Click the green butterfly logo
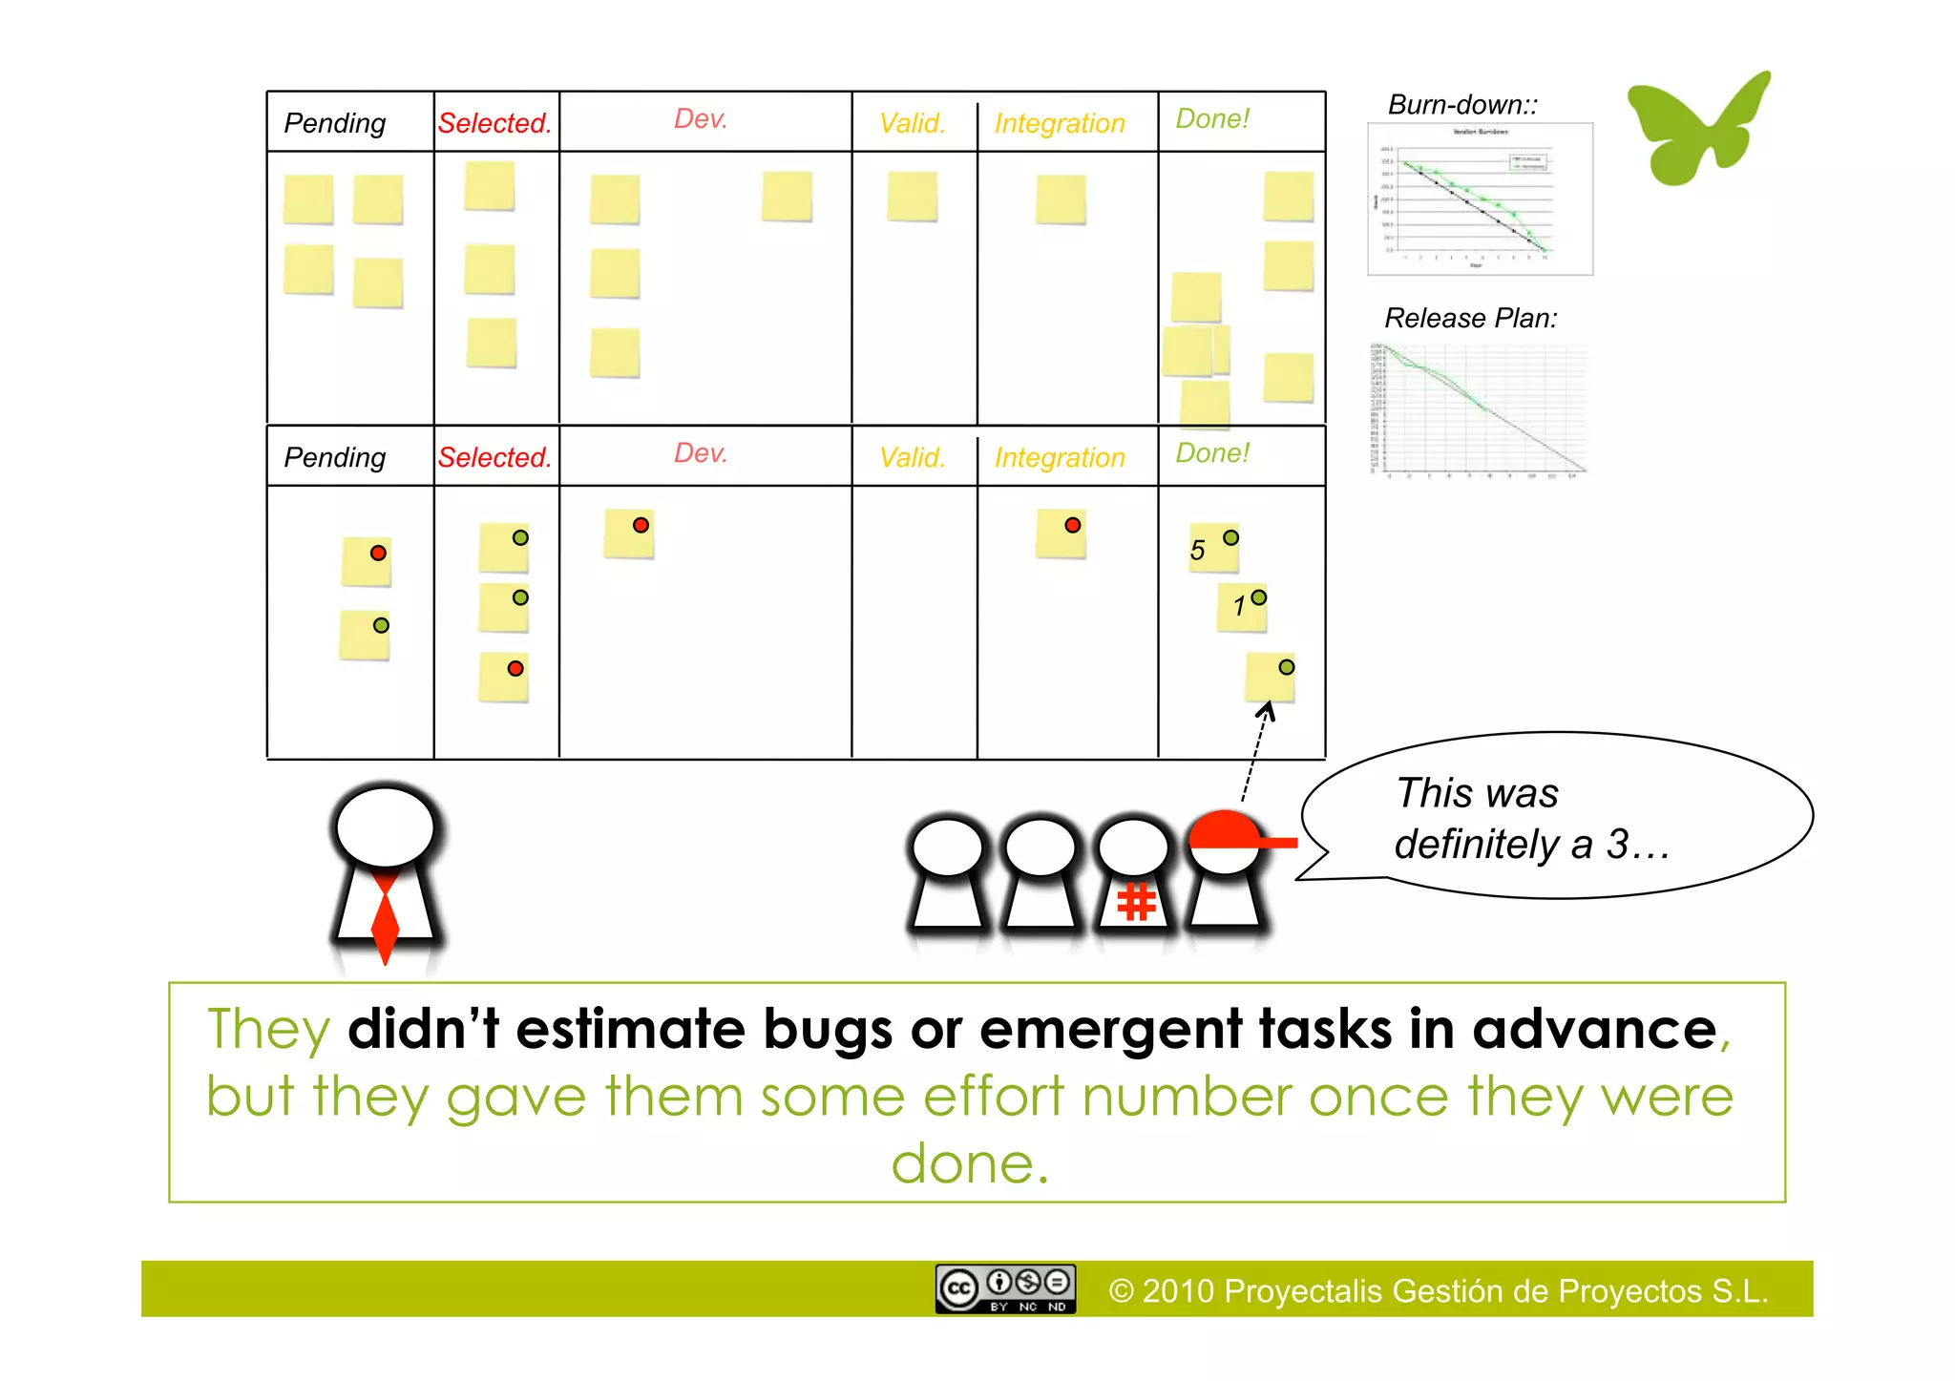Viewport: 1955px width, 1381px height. [1697, 129]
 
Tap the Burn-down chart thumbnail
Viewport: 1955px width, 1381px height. [1480, 199]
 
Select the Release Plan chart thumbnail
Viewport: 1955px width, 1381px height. [1480, 408]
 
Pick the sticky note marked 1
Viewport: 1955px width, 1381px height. [1241, 607]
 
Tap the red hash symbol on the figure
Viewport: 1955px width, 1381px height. [1136, 902]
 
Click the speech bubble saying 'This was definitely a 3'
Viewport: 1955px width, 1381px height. [1556, 817]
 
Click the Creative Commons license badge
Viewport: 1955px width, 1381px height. [1005, 1288]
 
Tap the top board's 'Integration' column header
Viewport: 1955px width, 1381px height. [1060, 123]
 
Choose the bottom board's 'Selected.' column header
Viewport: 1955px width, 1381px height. [494, 457]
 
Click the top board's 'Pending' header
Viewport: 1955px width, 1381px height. [335, 123]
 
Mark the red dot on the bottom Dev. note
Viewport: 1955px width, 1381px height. [641, 525]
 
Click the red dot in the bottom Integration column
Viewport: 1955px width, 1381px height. [1073, 525]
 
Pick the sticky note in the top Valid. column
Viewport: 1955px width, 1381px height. [912, 197]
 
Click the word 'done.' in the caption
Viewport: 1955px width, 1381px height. [970, 1164]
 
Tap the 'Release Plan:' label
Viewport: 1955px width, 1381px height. [1470, 318]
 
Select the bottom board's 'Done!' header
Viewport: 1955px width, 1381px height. [1212, 452]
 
